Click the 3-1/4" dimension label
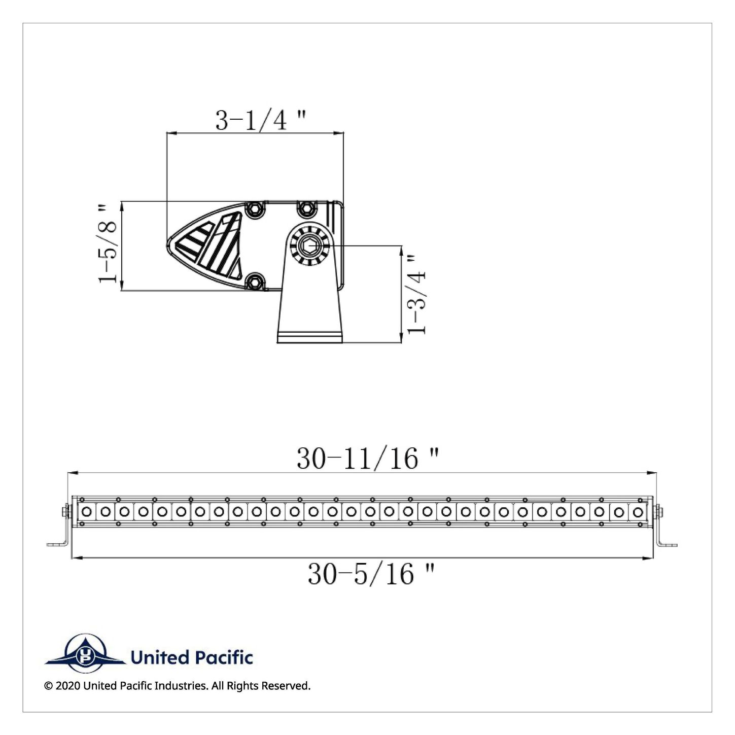point(261,121)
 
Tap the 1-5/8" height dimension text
point(108,243)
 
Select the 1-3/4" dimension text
point(416,295)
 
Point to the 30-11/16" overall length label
point(368,459)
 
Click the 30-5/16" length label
point(371,574)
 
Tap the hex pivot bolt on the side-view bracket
point(307,246)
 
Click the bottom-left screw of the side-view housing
point(255,282)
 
